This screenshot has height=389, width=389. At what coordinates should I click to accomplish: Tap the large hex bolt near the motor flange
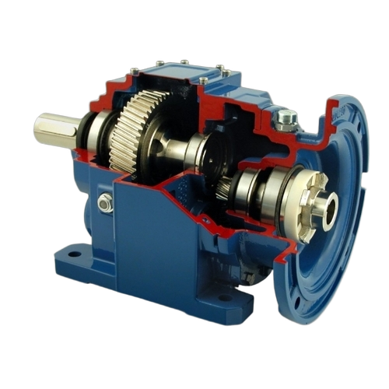pos(286,119)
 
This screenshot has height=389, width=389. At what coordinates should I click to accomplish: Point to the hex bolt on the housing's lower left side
pos(105,204)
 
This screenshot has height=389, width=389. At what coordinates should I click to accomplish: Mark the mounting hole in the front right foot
pos(225,298)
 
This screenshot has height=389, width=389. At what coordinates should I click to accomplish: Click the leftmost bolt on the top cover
pos(134,72)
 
